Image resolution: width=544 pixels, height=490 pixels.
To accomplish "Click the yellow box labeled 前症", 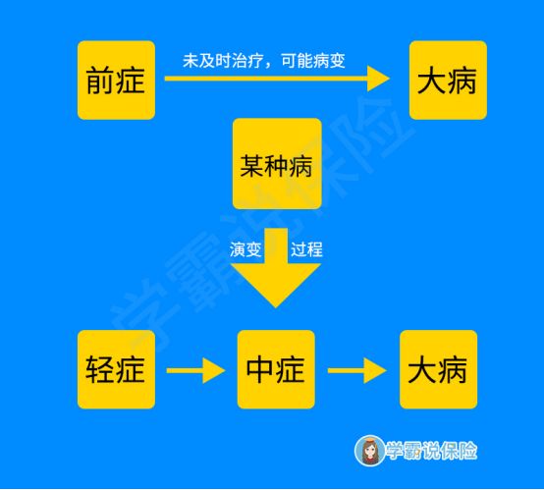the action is (116, 81).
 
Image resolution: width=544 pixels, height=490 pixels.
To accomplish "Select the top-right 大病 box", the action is (448, 81).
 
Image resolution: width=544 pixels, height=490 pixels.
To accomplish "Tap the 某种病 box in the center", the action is (277, 163).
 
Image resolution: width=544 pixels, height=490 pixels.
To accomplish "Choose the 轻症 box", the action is (116, 369).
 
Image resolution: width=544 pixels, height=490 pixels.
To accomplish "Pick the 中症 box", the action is (276, 369).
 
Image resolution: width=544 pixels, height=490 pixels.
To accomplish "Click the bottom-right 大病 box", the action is (439, 369).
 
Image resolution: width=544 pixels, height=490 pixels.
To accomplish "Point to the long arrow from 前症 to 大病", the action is (277, 79).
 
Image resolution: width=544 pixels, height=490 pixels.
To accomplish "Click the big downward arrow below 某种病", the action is (276, 268).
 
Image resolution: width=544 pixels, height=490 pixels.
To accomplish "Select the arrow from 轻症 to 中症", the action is (196, 370).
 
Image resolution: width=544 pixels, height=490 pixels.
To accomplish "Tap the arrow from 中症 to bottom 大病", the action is (357, 370).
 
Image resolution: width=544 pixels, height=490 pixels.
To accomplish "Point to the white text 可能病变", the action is (313, 61).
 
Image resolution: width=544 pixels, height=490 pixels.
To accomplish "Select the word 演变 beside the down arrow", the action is (245, 249).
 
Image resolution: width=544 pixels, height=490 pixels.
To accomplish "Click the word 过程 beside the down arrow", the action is (306, 249).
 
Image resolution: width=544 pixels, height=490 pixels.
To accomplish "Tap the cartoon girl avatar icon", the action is (369, 451).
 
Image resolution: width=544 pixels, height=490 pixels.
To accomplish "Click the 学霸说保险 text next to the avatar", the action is (431, 451).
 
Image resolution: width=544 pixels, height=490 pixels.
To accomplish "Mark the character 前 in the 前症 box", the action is (100, 81).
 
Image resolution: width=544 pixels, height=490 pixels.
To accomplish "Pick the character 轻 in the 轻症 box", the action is (100, 369).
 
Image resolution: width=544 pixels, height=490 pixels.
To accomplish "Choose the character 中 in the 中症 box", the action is (260, 369).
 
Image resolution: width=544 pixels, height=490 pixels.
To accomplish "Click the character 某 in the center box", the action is (252, 166).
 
